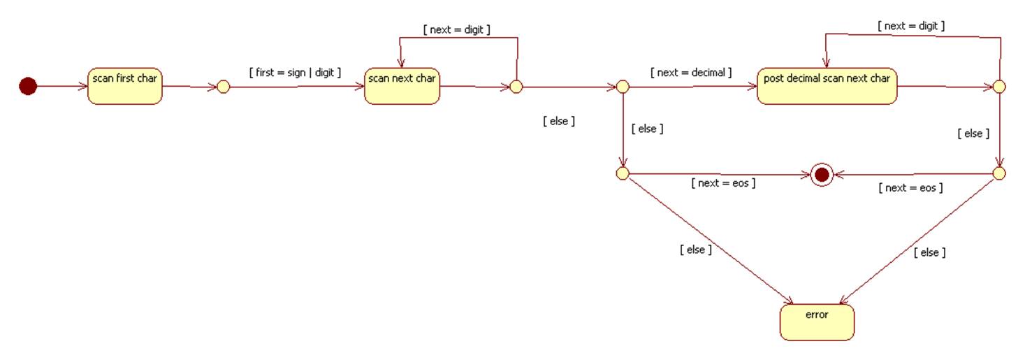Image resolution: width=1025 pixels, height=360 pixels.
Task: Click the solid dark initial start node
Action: [x=27, y=86]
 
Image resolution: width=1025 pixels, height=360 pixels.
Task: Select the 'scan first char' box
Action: [x=124, y=86]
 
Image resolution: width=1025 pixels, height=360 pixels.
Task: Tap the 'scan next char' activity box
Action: [x=402, y=86]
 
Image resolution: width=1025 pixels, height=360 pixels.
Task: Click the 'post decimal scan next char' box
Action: [x=826, y=86]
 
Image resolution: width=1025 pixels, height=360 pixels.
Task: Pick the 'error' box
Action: [x=816, y=322]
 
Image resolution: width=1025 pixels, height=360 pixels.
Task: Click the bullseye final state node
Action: [x=822, y=174]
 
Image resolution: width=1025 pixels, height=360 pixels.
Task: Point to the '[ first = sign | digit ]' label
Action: [x=294, y=72]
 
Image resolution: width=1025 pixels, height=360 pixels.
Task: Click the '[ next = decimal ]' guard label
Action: [x=690, y=72]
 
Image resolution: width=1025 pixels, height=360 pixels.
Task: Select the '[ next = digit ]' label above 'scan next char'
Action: [x=456, y=30]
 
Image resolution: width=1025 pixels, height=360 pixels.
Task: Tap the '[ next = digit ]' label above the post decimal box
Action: [x=911, y=26]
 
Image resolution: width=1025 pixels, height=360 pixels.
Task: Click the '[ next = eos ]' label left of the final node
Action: [x=723, y=183]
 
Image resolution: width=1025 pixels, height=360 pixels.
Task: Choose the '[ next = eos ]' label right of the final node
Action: [x=910, y=187]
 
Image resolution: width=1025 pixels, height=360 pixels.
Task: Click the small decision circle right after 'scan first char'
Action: [x=223, y=87]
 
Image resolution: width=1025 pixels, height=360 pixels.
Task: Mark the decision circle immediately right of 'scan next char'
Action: [x=516, y=87]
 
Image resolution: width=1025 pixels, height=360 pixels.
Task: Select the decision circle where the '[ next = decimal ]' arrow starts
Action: [x=623, y=87]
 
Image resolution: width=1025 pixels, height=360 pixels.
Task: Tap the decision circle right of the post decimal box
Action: [x=999, y=87]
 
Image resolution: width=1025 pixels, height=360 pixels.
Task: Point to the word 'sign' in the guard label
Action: [x=295, y=72]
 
